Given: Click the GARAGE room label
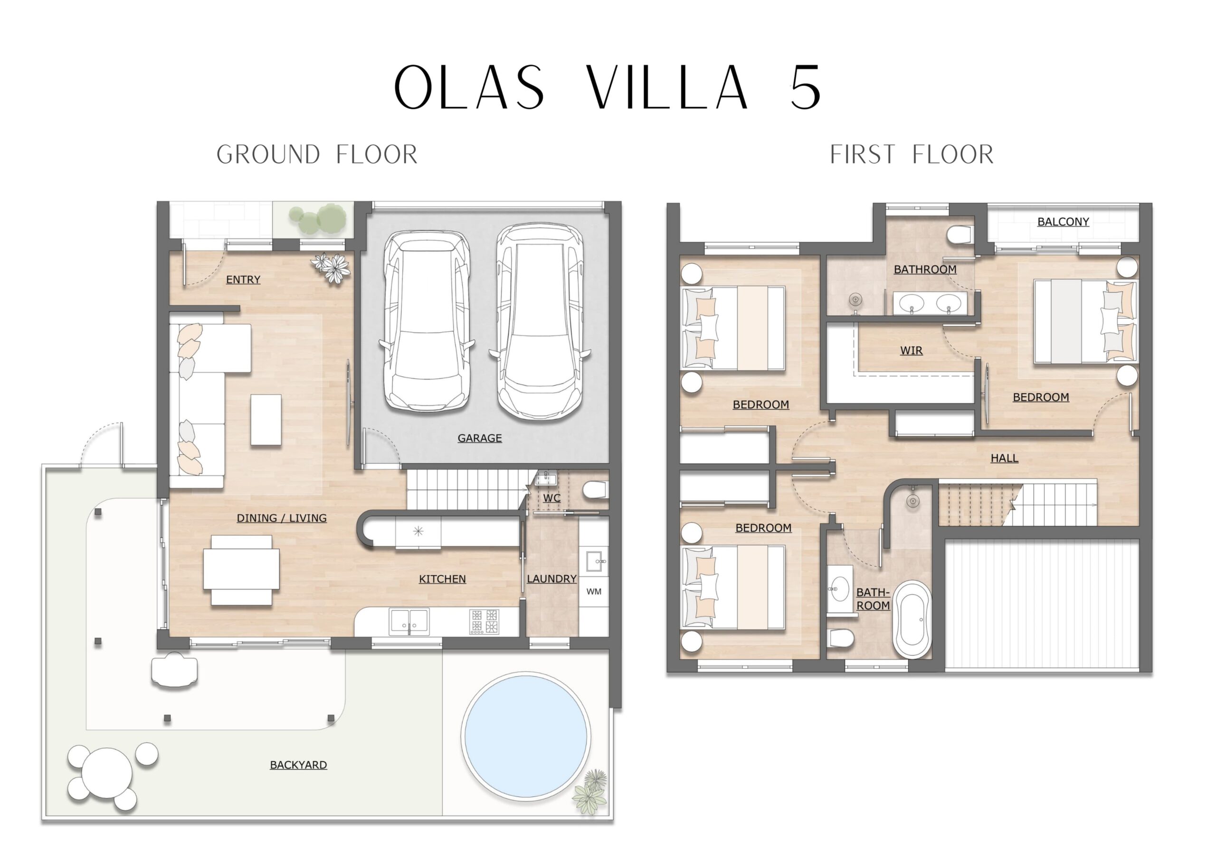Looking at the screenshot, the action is [x=479, y=438].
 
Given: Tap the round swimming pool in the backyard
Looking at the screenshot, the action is [x=526, y=736].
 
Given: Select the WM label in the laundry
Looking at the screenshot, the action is [x=594, y=591].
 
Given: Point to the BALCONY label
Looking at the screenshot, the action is [x=1063, y=222].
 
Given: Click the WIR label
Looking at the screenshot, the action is [x=911, y=350].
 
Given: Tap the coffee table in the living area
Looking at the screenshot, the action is [x=266, y=420].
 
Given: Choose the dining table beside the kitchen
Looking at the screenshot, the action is [x=241, y=570].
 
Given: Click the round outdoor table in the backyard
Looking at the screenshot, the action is [x=107, y=773].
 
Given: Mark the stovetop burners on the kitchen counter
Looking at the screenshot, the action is [x=484, y=622].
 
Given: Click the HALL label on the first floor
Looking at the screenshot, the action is [x=1004, y=458].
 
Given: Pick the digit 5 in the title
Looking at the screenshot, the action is [x=805, y=87].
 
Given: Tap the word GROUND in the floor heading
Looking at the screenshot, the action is [x=268, y=155].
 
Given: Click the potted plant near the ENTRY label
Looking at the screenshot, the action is [x=332, y=268].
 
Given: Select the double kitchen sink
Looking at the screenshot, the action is [x=409, y=621].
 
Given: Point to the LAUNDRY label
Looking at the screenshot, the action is [x=551, y=579].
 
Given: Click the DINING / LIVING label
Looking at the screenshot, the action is [x=281, y=518].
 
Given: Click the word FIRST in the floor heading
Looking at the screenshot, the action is [x=862, y=155].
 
